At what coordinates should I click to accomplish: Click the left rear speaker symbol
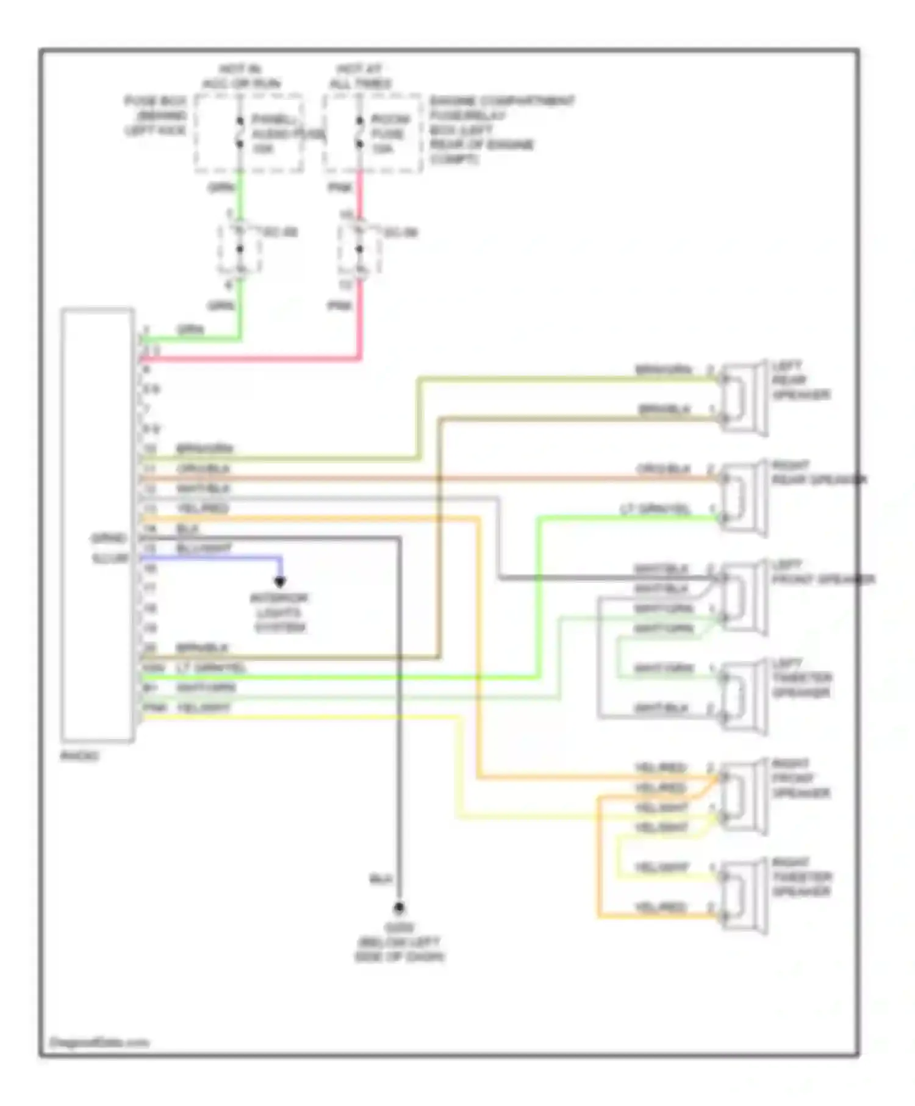(744, 398)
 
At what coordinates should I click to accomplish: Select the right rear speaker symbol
(744, 498)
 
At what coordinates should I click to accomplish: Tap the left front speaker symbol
(744, 598)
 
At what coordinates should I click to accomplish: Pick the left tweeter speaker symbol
(744, 697)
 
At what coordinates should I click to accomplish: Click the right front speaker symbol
(744, 797)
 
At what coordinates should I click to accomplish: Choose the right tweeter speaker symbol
(744, 896)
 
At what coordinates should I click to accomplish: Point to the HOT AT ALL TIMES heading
(360, 77)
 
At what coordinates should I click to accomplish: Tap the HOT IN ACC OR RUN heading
(241, 77)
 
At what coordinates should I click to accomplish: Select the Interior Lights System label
(279, 613)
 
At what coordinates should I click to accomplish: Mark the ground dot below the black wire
(399, 908)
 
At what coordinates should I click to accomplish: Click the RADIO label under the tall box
(80, 756)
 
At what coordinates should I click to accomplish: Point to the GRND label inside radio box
(109, 538)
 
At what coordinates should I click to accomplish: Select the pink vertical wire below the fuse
(360, 317)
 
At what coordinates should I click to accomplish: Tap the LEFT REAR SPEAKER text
(800, 380)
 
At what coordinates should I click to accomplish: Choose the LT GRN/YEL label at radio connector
(211, 668)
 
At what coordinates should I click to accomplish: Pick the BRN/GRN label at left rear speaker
(664, 370)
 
